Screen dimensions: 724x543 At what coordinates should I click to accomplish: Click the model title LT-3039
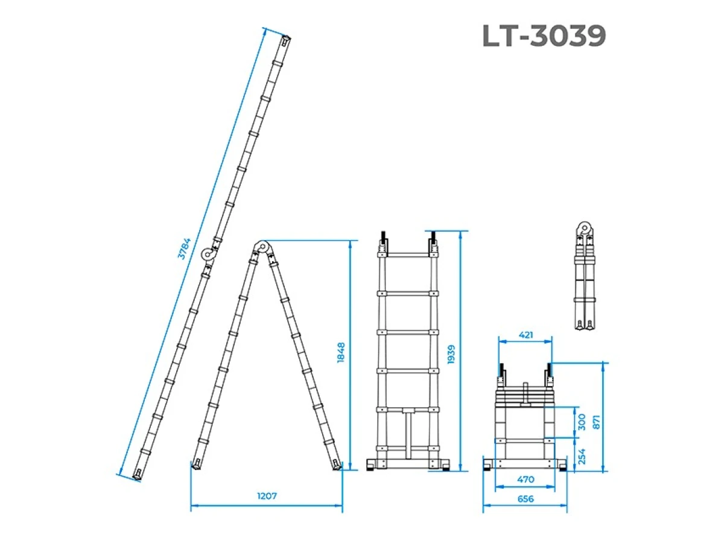(x=544, y=36)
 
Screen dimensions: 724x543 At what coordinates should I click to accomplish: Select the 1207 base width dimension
(x=267, y=495)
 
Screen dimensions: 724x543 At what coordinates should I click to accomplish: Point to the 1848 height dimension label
(x=341, y=352)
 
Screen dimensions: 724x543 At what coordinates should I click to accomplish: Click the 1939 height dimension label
(x=451, y=354)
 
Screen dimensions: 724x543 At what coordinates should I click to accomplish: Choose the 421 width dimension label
(x=526, y=335)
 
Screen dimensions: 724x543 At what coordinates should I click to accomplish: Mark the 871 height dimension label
(x=596, y=422)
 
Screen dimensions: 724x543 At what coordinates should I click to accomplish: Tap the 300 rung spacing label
(x=582, y=422)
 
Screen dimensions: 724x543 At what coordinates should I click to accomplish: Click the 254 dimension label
(x=582, y=456)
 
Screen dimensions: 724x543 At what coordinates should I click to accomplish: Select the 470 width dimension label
(x=526, y=479)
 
